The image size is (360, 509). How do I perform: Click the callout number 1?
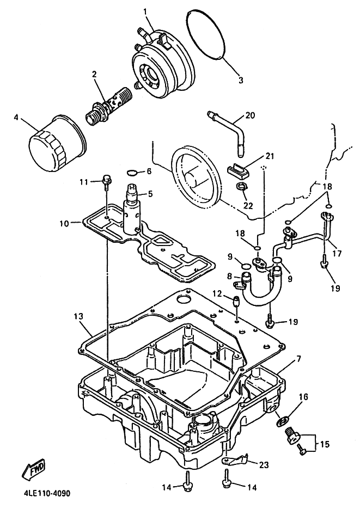click(145, 11)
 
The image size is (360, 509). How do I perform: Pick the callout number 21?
click(269, 157)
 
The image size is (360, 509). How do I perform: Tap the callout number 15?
click(324, 444)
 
